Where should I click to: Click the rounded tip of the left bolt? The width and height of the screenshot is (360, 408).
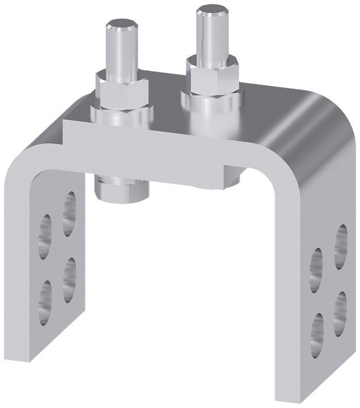tap(122, 26)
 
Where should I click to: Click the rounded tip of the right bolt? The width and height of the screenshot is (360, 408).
tap(211, 12)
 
